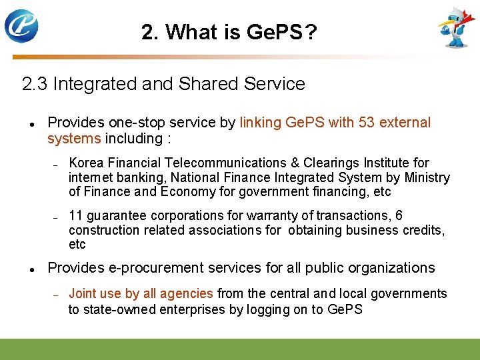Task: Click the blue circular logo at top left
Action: pos(21,26)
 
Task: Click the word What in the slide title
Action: pos(193,31)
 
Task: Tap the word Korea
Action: pos(86,163)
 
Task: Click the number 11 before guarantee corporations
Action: pos(75,215)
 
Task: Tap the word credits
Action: pos(423,230)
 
